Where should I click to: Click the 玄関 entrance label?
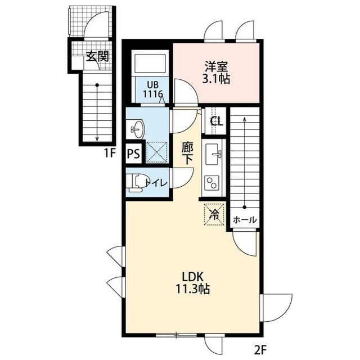click(x=97, y=56)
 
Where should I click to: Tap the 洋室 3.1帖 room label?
click(x=216, y=73)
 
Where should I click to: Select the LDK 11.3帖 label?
click(x=192, y=283)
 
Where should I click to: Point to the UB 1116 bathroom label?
click(x=153, y=90)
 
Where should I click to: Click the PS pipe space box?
click(x=133, y=154)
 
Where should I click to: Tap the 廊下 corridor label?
click(x=187, y=154)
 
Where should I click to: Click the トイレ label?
click(x=157, y=183)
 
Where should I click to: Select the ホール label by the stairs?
click(x=245, y=220)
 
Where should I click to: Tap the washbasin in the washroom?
click(x=138, y=129)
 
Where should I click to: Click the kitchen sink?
click(x=213, y=154)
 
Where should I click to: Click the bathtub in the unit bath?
click(x=150, y=63)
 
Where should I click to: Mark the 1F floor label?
click(x=110, y=154)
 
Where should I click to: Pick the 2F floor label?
click(x=260, y=350)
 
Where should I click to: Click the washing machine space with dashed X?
click(x=157, y=152)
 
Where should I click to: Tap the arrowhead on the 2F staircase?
click(x=245, y=119)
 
